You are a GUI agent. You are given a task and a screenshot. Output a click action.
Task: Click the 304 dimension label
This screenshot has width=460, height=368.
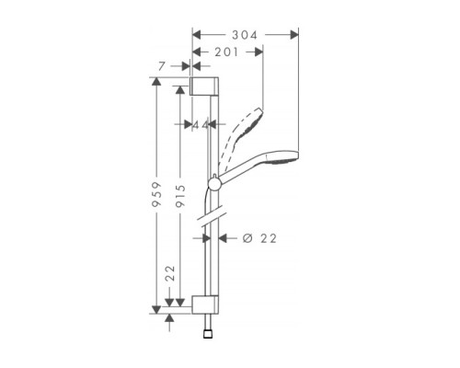click(x=244, y=34)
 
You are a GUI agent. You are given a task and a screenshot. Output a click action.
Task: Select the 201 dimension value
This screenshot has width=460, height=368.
click(x=225, y=52)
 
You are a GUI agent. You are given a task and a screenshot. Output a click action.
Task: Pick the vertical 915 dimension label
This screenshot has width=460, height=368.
click(x=182, y=198)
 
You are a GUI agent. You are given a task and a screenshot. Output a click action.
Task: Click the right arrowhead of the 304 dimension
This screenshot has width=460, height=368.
click(x=295, y=34)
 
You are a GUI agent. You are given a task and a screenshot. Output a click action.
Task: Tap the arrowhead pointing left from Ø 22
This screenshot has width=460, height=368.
click(x=227, y=237)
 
